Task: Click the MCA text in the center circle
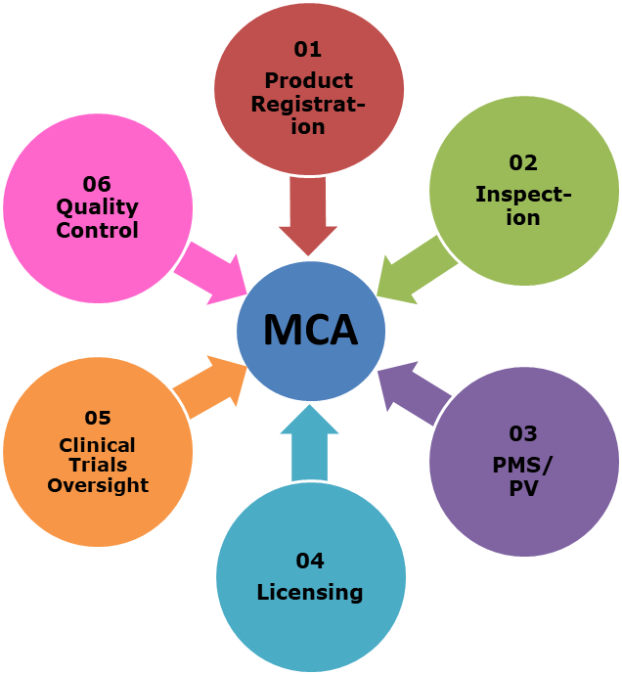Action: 310,331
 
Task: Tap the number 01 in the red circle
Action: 308,49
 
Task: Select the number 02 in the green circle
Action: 523,163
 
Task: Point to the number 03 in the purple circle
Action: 523,433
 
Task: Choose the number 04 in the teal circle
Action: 309,561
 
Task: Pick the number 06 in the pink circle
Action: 97,184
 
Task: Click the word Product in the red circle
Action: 308,80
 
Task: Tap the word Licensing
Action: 309,592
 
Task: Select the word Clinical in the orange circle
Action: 97,445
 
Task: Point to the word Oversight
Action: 98,485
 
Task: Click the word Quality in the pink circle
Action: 97,207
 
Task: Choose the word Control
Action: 97,231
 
